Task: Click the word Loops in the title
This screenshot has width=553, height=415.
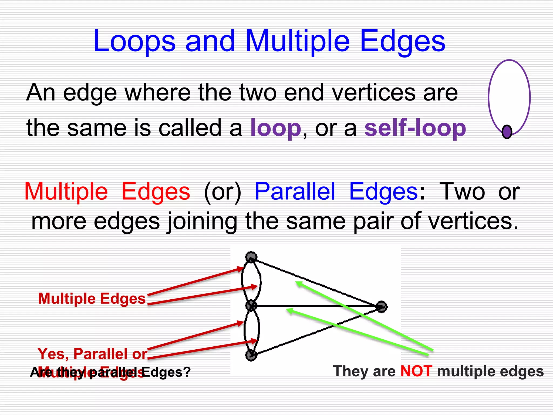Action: click(x=134, y=41)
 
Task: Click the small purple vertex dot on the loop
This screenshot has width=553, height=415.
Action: click(x=507, y=132)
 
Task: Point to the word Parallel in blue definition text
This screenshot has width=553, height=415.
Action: click(x=295, y=191)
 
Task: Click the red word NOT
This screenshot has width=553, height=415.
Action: click(x=416, y=371)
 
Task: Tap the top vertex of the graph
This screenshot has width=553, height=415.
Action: click(x=251, y=257)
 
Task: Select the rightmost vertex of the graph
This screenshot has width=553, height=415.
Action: click(x=381, y=307)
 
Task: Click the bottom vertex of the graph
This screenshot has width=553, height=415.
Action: click(x=251, y=355)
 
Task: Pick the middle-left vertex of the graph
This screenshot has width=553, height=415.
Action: click(x=251, y=306)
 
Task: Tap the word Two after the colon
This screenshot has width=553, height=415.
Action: click(x=462, y=191)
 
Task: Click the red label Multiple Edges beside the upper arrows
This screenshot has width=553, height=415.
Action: click(x=92, y=299)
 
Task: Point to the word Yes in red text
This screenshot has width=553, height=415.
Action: click(x=53, y=354)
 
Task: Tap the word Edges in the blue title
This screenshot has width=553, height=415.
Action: click(x=402, y=41)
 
